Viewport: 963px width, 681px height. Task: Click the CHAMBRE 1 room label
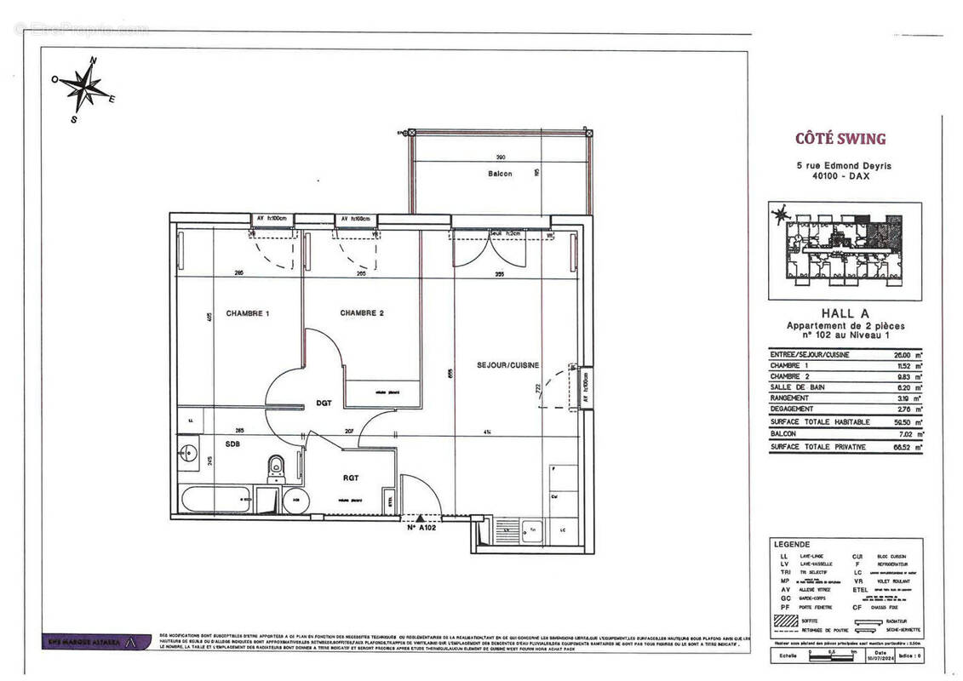coord(248,313)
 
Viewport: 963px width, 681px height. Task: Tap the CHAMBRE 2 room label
coord(362,313)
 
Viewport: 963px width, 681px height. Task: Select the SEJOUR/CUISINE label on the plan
coord(507,365)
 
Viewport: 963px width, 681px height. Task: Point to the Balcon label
coord(500,174)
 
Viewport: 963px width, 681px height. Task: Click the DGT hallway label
coord(324,403)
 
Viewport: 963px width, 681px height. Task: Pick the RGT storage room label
coord(350,478)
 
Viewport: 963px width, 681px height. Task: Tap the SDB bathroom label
coord(232,444)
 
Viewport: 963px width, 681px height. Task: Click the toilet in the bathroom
coord(276,468)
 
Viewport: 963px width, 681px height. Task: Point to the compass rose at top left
coord(83,88)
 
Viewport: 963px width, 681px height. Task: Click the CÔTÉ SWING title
coord(840,139)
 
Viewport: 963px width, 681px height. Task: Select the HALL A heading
coord(845,314)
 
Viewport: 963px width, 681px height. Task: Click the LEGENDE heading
coord(792,544)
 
